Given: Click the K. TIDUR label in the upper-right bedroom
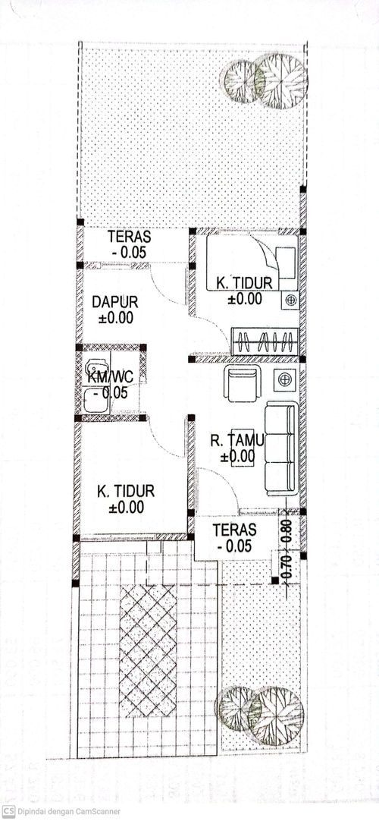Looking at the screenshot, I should point(244,283).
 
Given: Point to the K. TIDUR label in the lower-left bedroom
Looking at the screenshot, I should point(125,491).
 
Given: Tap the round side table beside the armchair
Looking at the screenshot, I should point(285,379).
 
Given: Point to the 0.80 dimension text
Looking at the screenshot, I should point(287,532).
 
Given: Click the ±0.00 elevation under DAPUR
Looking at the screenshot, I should point(115,317).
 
